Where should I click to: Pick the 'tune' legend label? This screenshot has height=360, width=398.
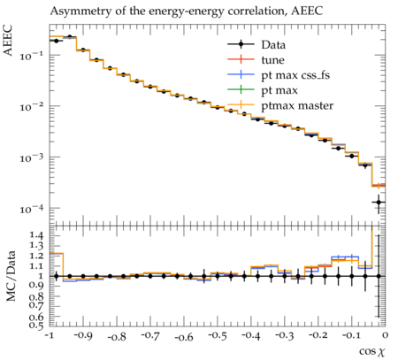[x=272, y=60]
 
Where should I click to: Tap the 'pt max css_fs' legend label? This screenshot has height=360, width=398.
[x=295, y=75]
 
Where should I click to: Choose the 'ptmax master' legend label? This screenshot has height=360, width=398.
[x=297, y=105]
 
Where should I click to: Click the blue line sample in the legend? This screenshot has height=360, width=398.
[x=241, y=74]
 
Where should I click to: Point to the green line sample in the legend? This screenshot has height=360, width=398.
[x=241, y=89]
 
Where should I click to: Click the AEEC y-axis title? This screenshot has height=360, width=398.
[x=8, y=41]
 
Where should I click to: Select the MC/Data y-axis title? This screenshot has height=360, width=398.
[x=11, y=276]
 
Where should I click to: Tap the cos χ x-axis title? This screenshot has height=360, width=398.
[x=372, y=351]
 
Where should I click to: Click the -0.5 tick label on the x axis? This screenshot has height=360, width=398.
[x=218, y=335]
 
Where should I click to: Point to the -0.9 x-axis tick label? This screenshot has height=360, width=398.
[x=83, y=335]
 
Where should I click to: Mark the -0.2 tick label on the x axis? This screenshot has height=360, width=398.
[x=318, y=335]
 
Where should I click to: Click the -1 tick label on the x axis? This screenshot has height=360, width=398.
[x=50, y=335]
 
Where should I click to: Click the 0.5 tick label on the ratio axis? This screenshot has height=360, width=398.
[x=36, y=326]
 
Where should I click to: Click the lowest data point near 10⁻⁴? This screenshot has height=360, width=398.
[x=379, y=203]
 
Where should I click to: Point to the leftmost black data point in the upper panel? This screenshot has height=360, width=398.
[x=57, y=41]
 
